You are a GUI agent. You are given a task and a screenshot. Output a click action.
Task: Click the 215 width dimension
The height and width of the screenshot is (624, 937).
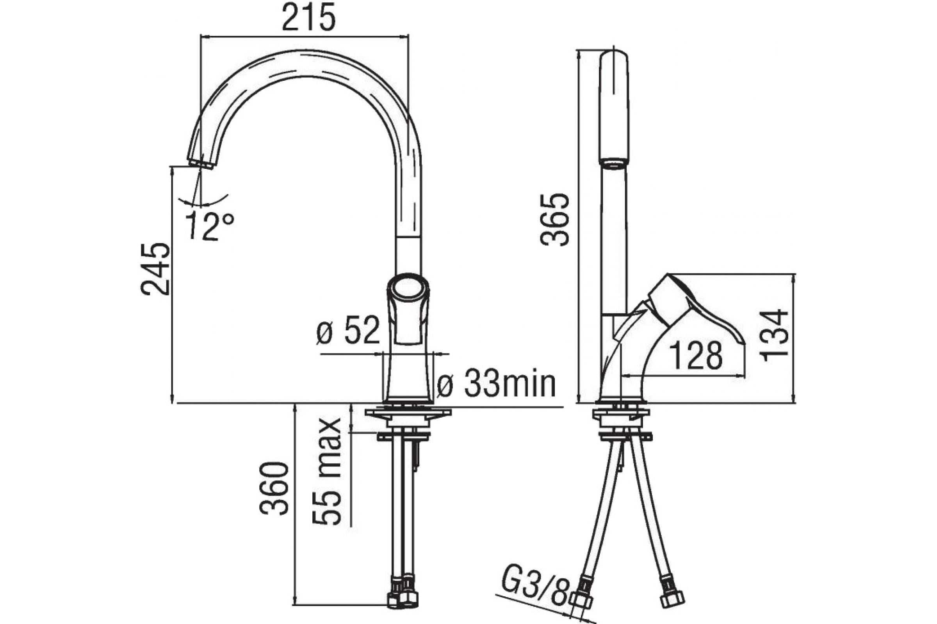pyautogui.click(x=308, y=18)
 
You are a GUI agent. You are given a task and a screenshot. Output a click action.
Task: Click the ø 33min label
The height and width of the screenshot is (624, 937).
pyautogui.click(x=495, y=385)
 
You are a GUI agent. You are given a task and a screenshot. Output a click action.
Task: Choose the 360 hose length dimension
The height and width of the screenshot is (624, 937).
pyautogui.click(x=274, y=488)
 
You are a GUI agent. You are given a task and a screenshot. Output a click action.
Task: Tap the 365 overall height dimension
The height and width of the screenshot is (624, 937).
pyautogui.click(x=555, y=220)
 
